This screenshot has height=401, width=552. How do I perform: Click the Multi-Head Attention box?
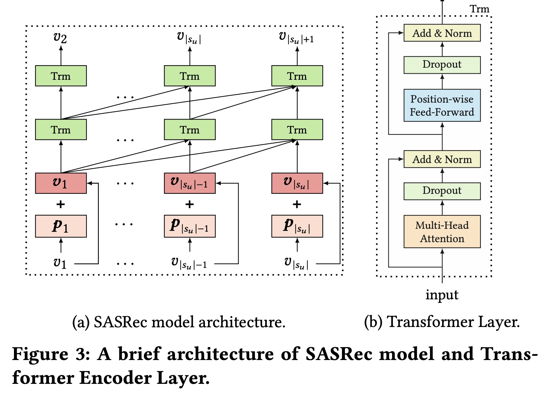click(442, 232)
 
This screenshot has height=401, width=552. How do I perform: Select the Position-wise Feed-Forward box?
click(442, 105)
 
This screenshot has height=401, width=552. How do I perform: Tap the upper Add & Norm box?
click(442, 33)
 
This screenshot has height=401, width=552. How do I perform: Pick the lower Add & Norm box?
click(442, 159)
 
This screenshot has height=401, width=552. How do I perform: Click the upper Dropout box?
click(442, 65)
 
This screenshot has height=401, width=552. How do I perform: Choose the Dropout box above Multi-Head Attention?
click(442, 191)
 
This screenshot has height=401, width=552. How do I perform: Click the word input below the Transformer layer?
click(442, 295)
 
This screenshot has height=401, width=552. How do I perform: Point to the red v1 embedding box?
click(61, 183)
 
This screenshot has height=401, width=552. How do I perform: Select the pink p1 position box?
click(61, 226)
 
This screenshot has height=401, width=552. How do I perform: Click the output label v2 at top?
click(60, 38)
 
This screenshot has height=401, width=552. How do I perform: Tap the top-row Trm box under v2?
click(61, 76)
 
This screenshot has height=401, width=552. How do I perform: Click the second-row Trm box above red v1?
click(61, 130)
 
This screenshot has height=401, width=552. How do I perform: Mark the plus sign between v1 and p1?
click(60, 204)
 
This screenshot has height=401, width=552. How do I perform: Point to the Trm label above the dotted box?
click(480, 9)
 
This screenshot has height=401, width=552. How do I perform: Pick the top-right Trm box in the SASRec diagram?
click(297, 76)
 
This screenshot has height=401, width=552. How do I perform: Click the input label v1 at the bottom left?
click(60, 263)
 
